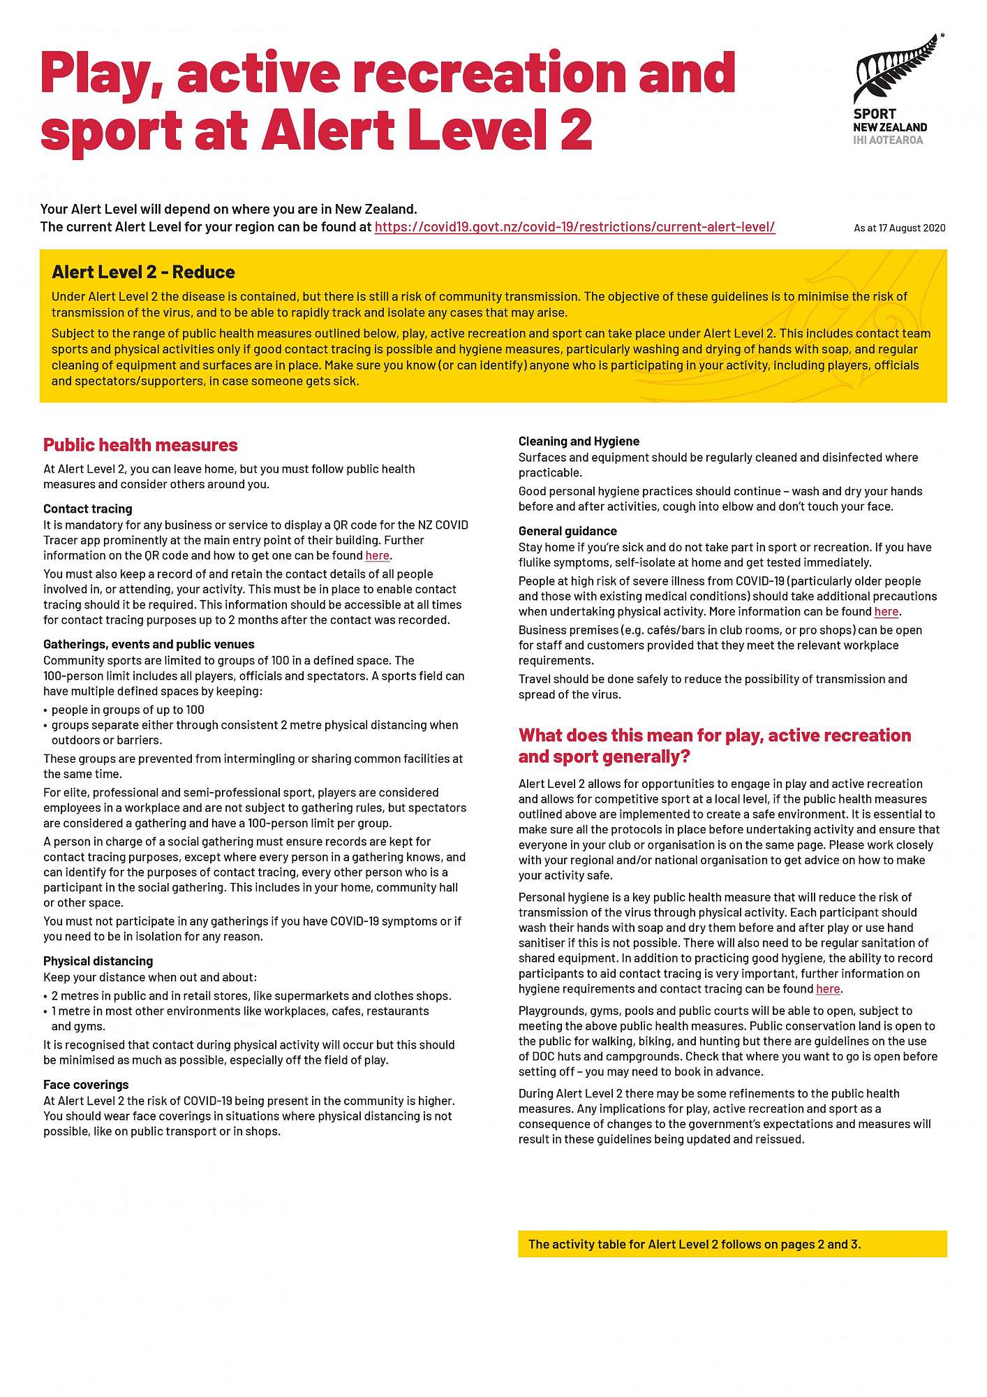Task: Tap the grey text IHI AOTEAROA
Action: click(887, 140)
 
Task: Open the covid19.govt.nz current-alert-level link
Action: click(574, 227)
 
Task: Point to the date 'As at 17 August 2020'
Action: click(899, 228)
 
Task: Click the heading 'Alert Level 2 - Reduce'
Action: click(143, 272)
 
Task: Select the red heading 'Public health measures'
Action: click(140, 445)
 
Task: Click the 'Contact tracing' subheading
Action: click(87, 509)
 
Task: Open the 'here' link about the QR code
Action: click(377, 556)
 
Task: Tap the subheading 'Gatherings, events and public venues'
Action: click(149, 644)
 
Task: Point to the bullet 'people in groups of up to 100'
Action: click(128, 710)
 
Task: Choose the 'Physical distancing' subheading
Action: click(98, 961)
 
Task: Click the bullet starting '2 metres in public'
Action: click(251, 996)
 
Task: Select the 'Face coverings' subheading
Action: click(86, 1085)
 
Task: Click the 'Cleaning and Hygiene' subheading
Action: click(579, 441)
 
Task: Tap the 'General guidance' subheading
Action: click(567, 531)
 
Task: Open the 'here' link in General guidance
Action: click(886, 612)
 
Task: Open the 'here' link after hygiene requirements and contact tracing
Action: click(827, 989)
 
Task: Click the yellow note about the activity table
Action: click(732, 1244)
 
